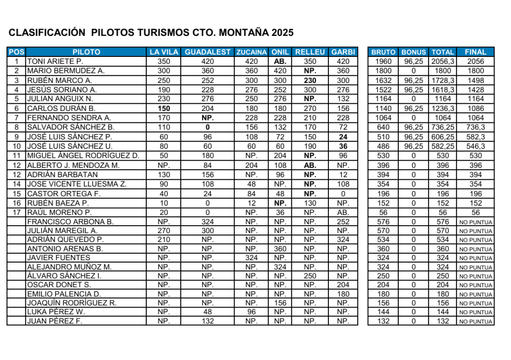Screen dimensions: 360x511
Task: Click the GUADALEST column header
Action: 208,52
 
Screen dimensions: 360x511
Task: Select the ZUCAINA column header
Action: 252,52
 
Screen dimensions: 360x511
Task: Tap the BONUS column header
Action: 414,52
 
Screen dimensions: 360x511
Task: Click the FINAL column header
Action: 476,52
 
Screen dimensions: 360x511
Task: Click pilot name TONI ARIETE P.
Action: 51,61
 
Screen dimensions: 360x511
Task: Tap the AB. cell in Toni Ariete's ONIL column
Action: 280,61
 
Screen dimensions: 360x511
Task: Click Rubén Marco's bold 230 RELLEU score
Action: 310,80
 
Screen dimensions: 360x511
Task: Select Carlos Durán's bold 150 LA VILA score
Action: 164,108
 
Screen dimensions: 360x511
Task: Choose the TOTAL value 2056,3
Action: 443,61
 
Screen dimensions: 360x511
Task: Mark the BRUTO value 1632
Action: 383,80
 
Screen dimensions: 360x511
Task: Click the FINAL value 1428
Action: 476,90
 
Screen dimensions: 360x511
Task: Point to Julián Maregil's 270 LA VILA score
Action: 164,231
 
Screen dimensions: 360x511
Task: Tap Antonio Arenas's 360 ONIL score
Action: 280,249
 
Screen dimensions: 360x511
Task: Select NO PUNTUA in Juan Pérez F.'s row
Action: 476,322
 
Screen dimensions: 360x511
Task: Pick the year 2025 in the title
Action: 282,33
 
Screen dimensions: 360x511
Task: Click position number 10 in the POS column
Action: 16,146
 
